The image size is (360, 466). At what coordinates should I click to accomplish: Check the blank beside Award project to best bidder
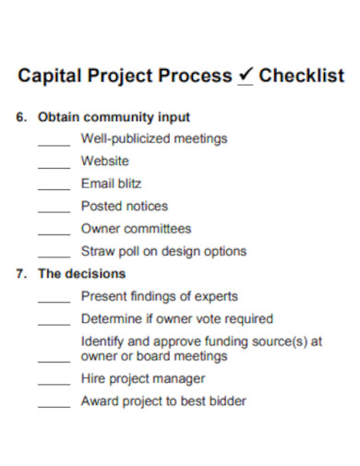tap(54, 406)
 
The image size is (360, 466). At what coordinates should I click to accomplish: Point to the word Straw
tap(97, 251)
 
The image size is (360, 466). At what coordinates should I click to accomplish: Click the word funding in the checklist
tap(233, 341)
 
